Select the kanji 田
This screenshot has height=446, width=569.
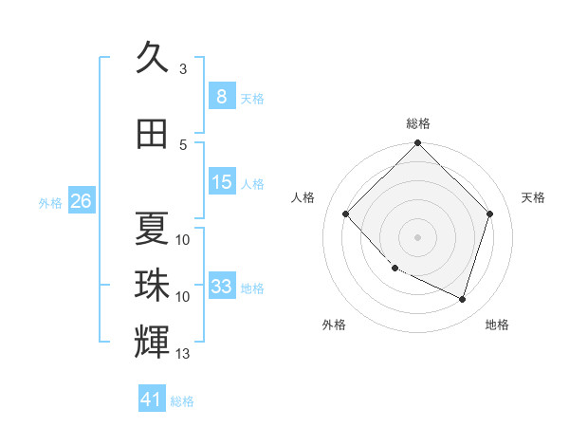click(x=152, y=134)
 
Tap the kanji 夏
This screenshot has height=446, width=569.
click(x=152, y=228)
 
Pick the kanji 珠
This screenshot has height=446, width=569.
click(x=152, y=285)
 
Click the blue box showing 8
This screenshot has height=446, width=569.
click(x=221, y=97)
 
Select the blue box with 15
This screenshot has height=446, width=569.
click(x=222, y=183)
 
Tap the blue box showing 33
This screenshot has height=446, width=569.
click(x=222, y=287)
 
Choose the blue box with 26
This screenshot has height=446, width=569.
click(x=81, y=201)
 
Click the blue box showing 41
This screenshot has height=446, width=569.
click(x=152, y=400)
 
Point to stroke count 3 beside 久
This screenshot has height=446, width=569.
click(x=183, y=69)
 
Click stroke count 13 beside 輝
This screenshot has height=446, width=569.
click(x=183, y=355)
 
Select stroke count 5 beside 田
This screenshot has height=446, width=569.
click(x=183, y=145)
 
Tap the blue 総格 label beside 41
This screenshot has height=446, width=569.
click(x=182, y=401)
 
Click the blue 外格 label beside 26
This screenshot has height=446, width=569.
click(x=50, y=202)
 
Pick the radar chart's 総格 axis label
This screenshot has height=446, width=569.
click(x=417, y=123)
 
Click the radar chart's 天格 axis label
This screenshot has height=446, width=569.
click(x=533, y=197)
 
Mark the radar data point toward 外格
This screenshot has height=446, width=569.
click(x=395, y=269)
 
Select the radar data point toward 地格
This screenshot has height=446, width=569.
click(x=462, y=300)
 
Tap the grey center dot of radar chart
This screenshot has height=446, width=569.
click(x=417, y=236)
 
